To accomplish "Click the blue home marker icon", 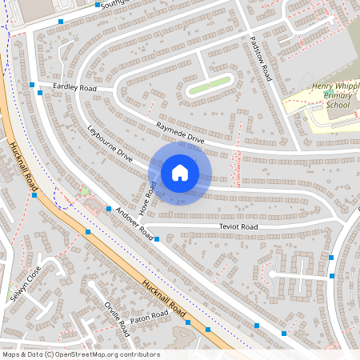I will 179,172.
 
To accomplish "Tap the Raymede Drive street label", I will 181,133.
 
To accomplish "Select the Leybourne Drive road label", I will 110,144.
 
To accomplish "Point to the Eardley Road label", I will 74,87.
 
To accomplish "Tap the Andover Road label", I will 134,225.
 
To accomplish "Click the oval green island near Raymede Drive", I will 210,85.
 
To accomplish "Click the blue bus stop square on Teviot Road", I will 157,238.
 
